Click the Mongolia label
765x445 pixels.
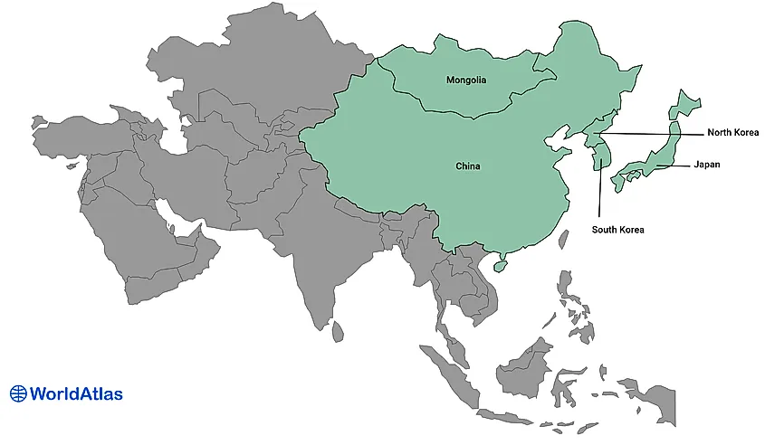click(x=466, y=80)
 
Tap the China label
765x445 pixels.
click(x=468, y=166)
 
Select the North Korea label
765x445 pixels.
click(x=732, y=133)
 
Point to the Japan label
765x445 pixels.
click(x=707, y=165)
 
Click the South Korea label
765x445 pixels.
click(x=617, y=230)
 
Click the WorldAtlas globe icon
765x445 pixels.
click(x=18, y=393)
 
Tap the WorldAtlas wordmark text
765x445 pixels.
click(x=76, y=393)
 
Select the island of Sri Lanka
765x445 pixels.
click(x=338, y=333)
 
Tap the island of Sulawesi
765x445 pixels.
click(x=570, y=384)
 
